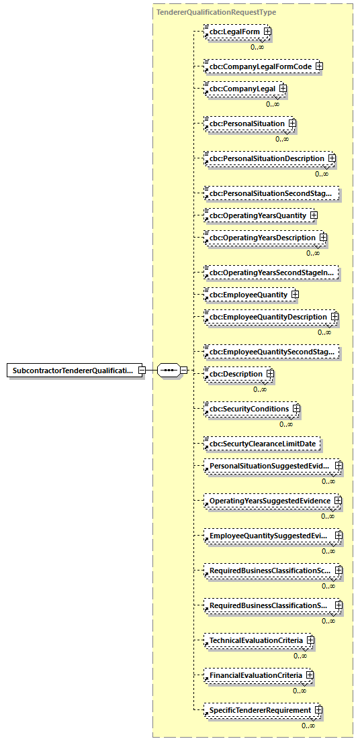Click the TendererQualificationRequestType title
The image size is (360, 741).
[216, 12]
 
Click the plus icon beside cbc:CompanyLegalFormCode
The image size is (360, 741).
[320, 66]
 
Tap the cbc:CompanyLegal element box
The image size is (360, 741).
[242, 89]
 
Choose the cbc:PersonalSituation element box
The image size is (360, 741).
[246, 123]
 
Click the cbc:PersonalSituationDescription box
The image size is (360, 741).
[267, 158]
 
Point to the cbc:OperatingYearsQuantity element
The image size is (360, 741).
[257, 215]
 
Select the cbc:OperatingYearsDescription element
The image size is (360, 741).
[262, 238]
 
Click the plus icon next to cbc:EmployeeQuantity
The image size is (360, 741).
[295, 295]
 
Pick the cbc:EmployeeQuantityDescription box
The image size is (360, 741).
[267, 317]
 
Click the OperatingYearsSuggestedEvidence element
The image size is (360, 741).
[270, 501]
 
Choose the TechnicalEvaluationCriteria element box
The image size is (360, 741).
[256, 640]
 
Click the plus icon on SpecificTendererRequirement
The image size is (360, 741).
[319, 710]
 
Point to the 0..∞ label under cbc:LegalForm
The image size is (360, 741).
[257, 47]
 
